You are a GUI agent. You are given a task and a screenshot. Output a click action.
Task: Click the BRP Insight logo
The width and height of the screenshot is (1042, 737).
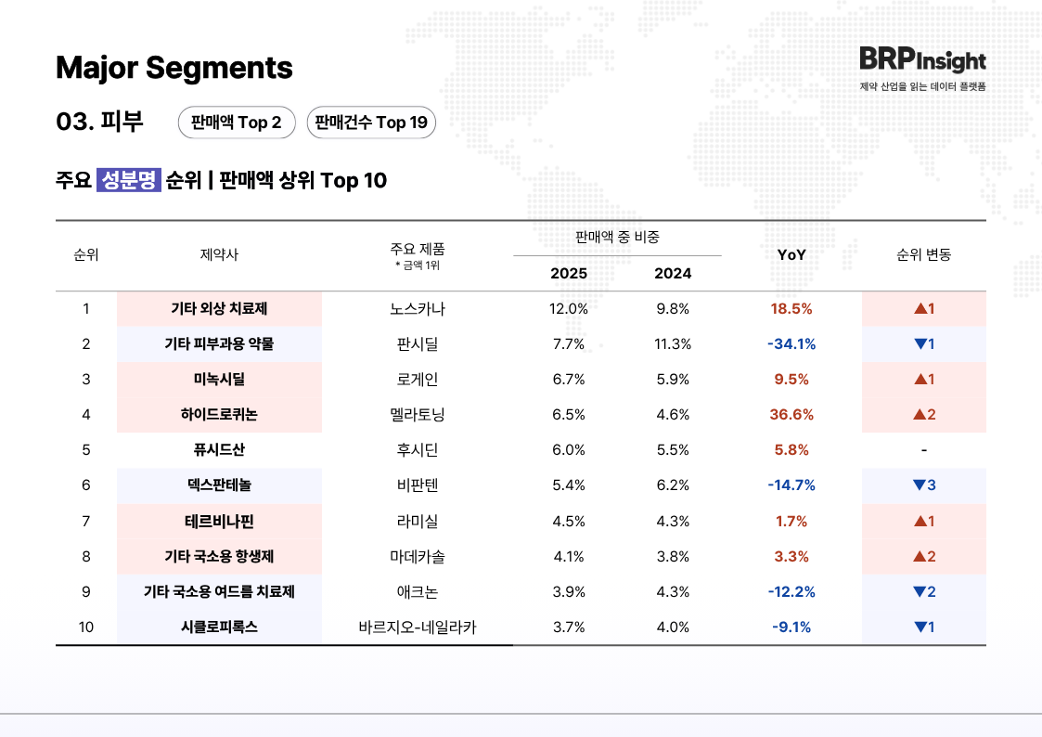tap(921, 60)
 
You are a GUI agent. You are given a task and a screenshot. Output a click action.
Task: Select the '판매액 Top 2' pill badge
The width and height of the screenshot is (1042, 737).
tap(236, 123)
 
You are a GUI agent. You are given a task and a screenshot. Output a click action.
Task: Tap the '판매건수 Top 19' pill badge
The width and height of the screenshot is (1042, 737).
tap(370, 123)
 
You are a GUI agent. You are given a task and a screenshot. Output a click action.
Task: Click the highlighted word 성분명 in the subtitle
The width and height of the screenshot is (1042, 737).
tap(129, 180)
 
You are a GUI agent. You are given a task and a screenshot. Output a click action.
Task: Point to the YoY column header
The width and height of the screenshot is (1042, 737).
tap(791, 254)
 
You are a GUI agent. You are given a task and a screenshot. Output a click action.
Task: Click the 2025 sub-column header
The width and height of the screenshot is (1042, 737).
tap(568, 274)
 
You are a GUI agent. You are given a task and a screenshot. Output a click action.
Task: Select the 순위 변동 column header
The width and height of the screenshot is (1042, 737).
tap(923, 254)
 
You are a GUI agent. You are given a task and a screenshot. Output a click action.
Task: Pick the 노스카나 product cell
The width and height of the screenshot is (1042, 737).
tap(418, 308)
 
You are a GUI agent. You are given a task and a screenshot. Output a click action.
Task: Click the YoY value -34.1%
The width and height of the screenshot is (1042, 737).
tap(791, 344)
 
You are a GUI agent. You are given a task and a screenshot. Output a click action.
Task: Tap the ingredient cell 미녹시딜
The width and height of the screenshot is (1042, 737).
tap(219, 380)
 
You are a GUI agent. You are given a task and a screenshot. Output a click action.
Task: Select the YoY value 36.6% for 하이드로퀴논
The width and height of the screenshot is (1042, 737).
tap(791, 415)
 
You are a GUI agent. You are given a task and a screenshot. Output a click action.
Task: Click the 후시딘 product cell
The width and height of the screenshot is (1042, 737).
tap(418, 450)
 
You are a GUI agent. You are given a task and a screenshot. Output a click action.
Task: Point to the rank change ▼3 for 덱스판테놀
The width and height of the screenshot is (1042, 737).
tap(923, 485)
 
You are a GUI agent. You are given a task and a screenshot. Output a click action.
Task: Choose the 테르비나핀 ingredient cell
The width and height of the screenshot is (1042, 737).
tap(219, 521)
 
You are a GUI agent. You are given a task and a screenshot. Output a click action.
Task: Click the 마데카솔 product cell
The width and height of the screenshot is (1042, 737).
tap(418, 557)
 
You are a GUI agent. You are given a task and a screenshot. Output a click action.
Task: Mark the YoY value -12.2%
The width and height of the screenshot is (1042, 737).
tap(791, 592)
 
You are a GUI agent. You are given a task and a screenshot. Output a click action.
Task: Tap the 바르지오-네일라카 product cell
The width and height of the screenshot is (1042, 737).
tap(418, 627)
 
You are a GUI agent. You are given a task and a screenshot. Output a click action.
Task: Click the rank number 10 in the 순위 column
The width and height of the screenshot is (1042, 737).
tap(86, 627)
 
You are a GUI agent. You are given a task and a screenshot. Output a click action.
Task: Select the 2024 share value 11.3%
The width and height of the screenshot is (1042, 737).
tap(673, 344)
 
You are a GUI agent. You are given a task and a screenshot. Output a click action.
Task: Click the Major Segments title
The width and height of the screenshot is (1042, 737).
tap(174, 68)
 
